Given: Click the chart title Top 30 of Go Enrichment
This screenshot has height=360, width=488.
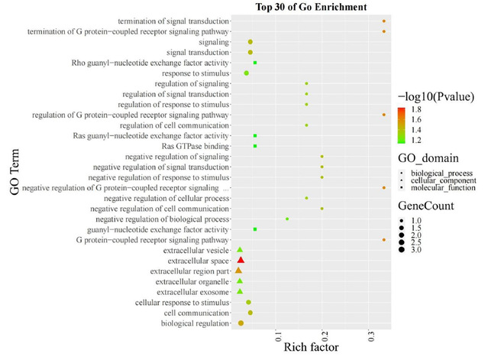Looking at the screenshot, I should pyautogui.click(x=309, y=7).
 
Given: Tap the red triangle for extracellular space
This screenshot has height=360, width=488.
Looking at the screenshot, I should pyautogui.click(x=241, y=261).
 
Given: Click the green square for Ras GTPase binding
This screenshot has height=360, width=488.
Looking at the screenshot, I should pyautogui.click(x=255, y=146).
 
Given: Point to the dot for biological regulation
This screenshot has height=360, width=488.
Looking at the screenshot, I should pyautogui.click(x=241, y=323).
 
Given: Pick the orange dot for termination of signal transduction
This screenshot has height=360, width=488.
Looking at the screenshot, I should pyautogui.click(x=383, y=21).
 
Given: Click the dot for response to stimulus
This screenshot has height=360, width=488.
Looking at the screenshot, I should pyautogui.click(x=246, y=73).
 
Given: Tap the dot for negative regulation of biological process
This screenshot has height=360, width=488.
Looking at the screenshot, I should pyautogui.click(x=287, y=219).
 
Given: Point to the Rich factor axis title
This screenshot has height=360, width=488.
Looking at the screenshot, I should pyautogui.click(x=312, y=349).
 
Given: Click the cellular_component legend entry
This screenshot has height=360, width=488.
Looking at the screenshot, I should pyautogui.click(x=443, y=180).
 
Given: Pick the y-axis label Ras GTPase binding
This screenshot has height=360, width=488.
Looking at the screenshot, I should pyautogui.click(x=196, y=146).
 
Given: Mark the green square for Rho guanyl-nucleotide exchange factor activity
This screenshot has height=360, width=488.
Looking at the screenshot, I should pyautogui.click(x=255, y=63).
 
